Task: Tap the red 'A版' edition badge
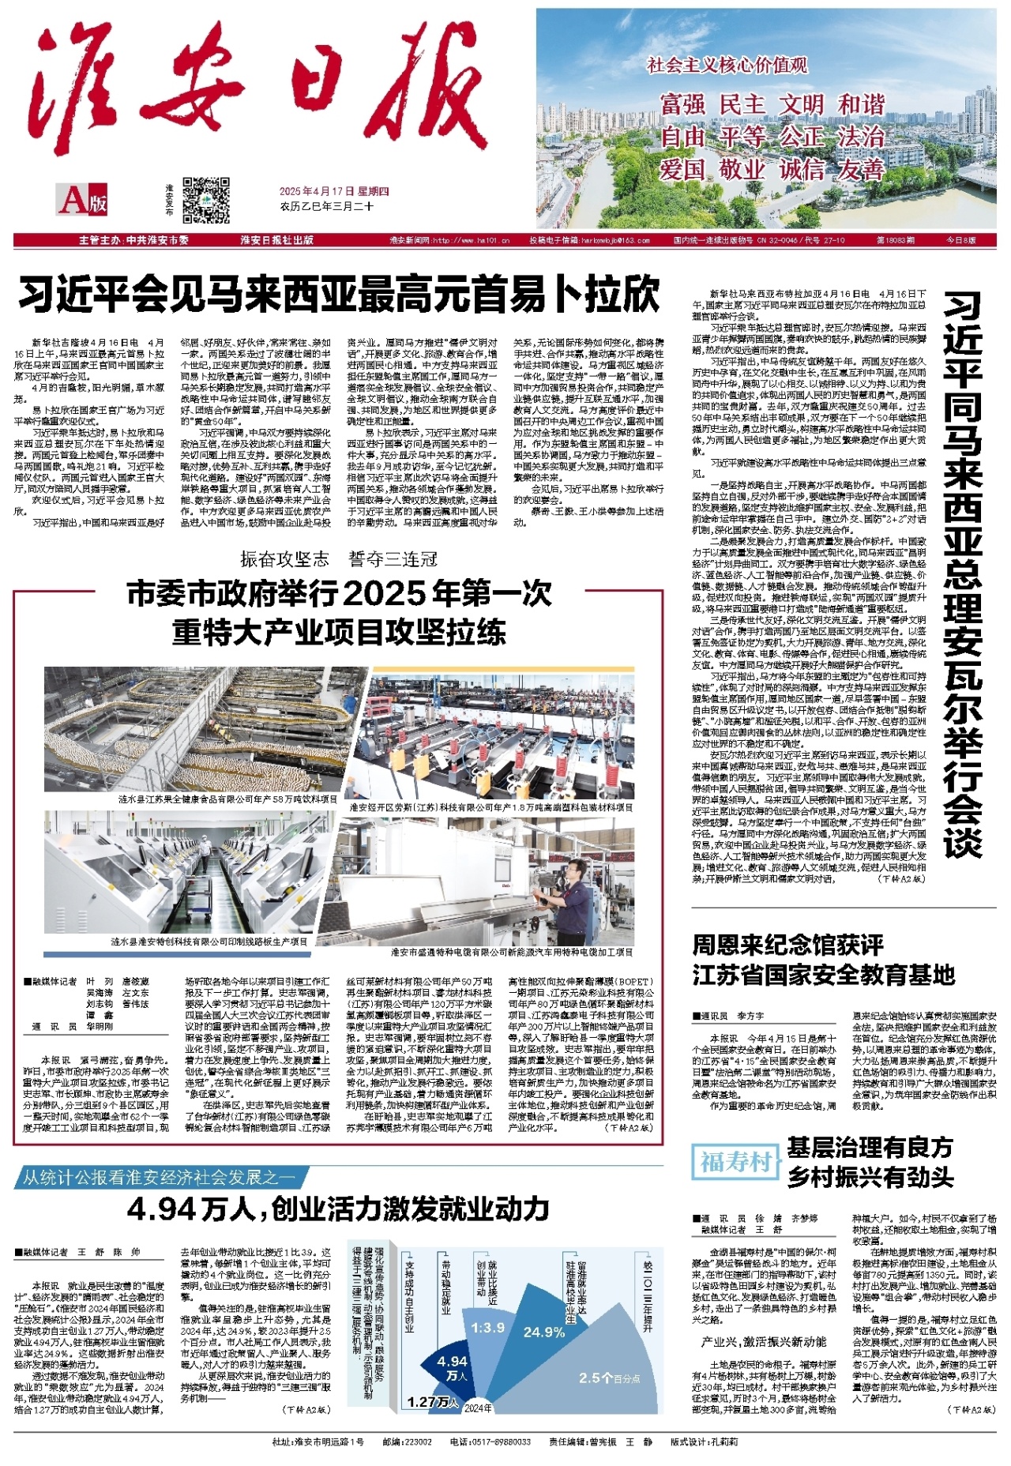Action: [82, 201]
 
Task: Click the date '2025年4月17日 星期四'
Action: [334, 191]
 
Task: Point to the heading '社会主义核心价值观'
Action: [727, 66]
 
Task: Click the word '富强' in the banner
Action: [682, 104]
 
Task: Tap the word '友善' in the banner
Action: [861, 170]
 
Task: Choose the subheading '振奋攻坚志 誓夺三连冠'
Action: [339, 559]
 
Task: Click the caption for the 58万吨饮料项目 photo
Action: [227, 799]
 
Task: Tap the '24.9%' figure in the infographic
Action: [544, 1332]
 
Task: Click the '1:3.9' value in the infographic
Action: [487, 1328]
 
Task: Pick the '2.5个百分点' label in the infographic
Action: [610, 1378]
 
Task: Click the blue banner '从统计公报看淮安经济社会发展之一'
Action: [158, 1177]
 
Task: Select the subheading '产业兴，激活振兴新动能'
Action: [763, 1342]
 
